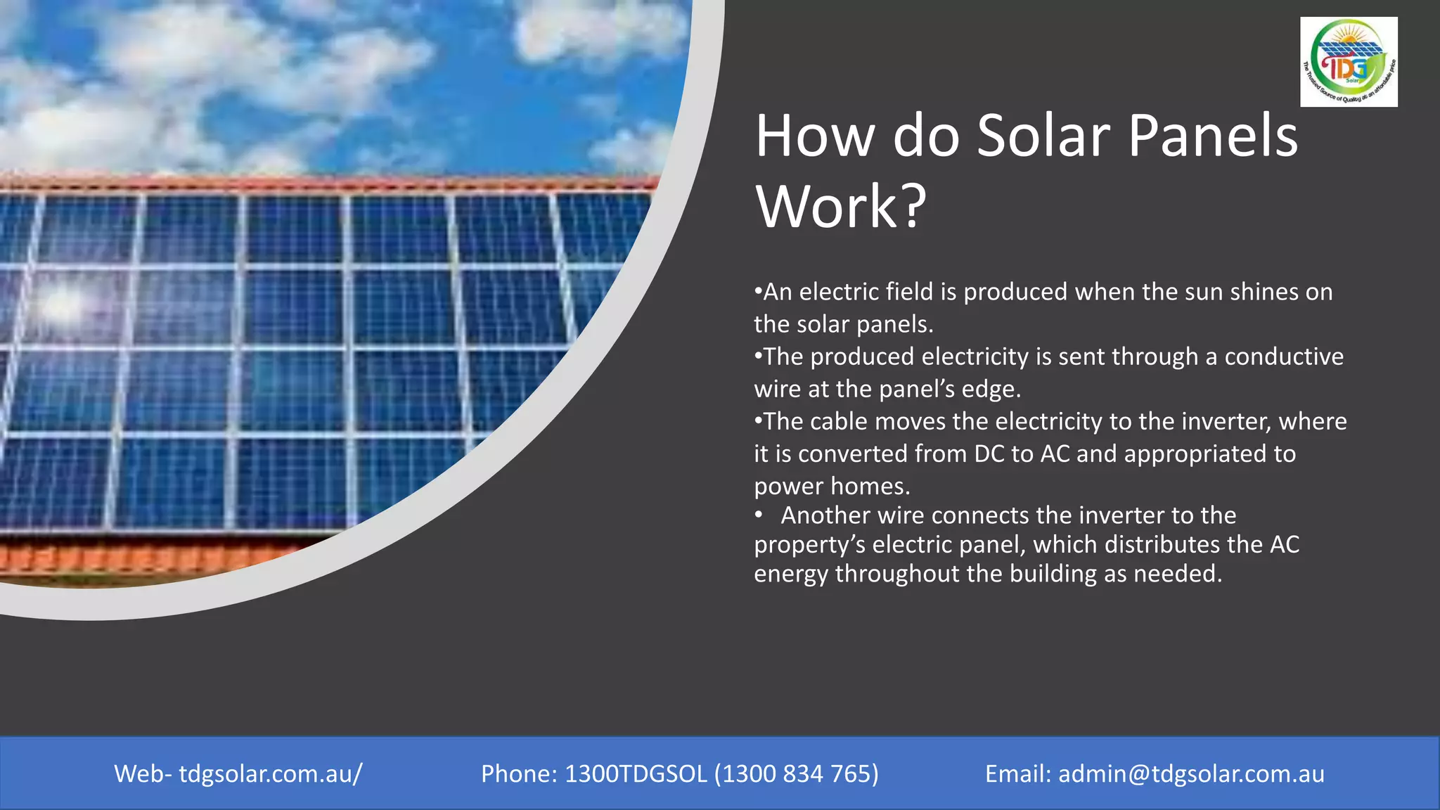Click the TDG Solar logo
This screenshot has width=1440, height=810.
click(x=1349, y=62)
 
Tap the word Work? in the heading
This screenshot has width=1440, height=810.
click(x=841, y=207)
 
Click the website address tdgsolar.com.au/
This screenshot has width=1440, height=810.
click(x=271, y=773)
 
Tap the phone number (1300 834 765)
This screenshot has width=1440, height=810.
click(x=797, y=773)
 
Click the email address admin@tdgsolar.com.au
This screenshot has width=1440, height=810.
click(x=1191, y=773)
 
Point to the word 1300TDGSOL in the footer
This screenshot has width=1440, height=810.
click(x=636, y=773)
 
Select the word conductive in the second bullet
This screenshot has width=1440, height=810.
click(x=1284, y=356)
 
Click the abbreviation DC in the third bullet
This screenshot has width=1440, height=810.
click(x=989, y=454)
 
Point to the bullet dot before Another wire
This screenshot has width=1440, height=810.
click(x=759, y=515)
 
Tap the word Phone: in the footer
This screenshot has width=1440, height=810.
click(x=519, y=773)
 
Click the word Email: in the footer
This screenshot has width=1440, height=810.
click(x=1017, y=773)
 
